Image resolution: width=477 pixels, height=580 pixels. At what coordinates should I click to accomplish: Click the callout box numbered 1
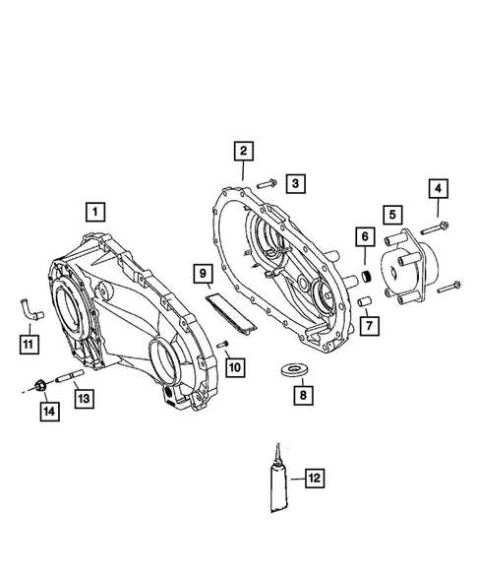pos(94,210)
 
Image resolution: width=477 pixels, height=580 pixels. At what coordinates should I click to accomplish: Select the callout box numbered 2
pos(242,151)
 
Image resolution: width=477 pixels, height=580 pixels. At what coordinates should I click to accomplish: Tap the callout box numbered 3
pos(296,183)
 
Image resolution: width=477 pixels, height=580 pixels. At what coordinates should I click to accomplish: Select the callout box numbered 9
pos(202,272)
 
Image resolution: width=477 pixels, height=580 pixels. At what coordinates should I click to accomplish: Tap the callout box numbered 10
pos(236,367)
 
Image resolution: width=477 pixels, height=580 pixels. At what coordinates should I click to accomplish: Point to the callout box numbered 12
pos(314,480)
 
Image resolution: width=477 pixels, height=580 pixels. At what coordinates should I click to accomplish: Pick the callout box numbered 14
pos(46,412)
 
